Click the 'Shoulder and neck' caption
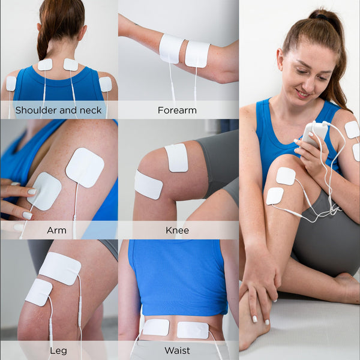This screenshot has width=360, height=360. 58,110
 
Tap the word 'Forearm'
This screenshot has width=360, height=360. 177,110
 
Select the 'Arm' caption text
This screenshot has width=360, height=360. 56,230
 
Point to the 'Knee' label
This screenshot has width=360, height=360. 177,230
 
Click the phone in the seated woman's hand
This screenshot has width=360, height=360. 315,133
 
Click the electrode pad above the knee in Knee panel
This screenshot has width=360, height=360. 176,157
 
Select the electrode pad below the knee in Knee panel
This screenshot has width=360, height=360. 148,185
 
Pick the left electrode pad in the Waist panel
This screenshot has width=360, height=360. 155,327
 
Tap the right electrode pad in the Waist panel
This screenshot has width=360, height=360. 193,329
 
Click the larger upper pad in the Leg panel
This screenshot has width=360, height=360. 60,268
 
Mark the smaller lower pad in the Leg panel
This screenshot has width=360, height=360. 38,292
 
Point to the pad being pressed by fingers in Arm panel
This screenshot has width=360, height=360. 44,191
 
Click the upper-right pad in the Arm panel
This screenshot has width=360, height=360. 85,167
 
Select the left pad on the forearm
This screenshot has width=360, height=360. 171,48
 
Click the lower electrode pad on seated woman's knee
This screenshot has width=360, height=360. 275,196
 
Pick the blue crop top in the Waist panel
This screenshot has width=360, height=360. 178,276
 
